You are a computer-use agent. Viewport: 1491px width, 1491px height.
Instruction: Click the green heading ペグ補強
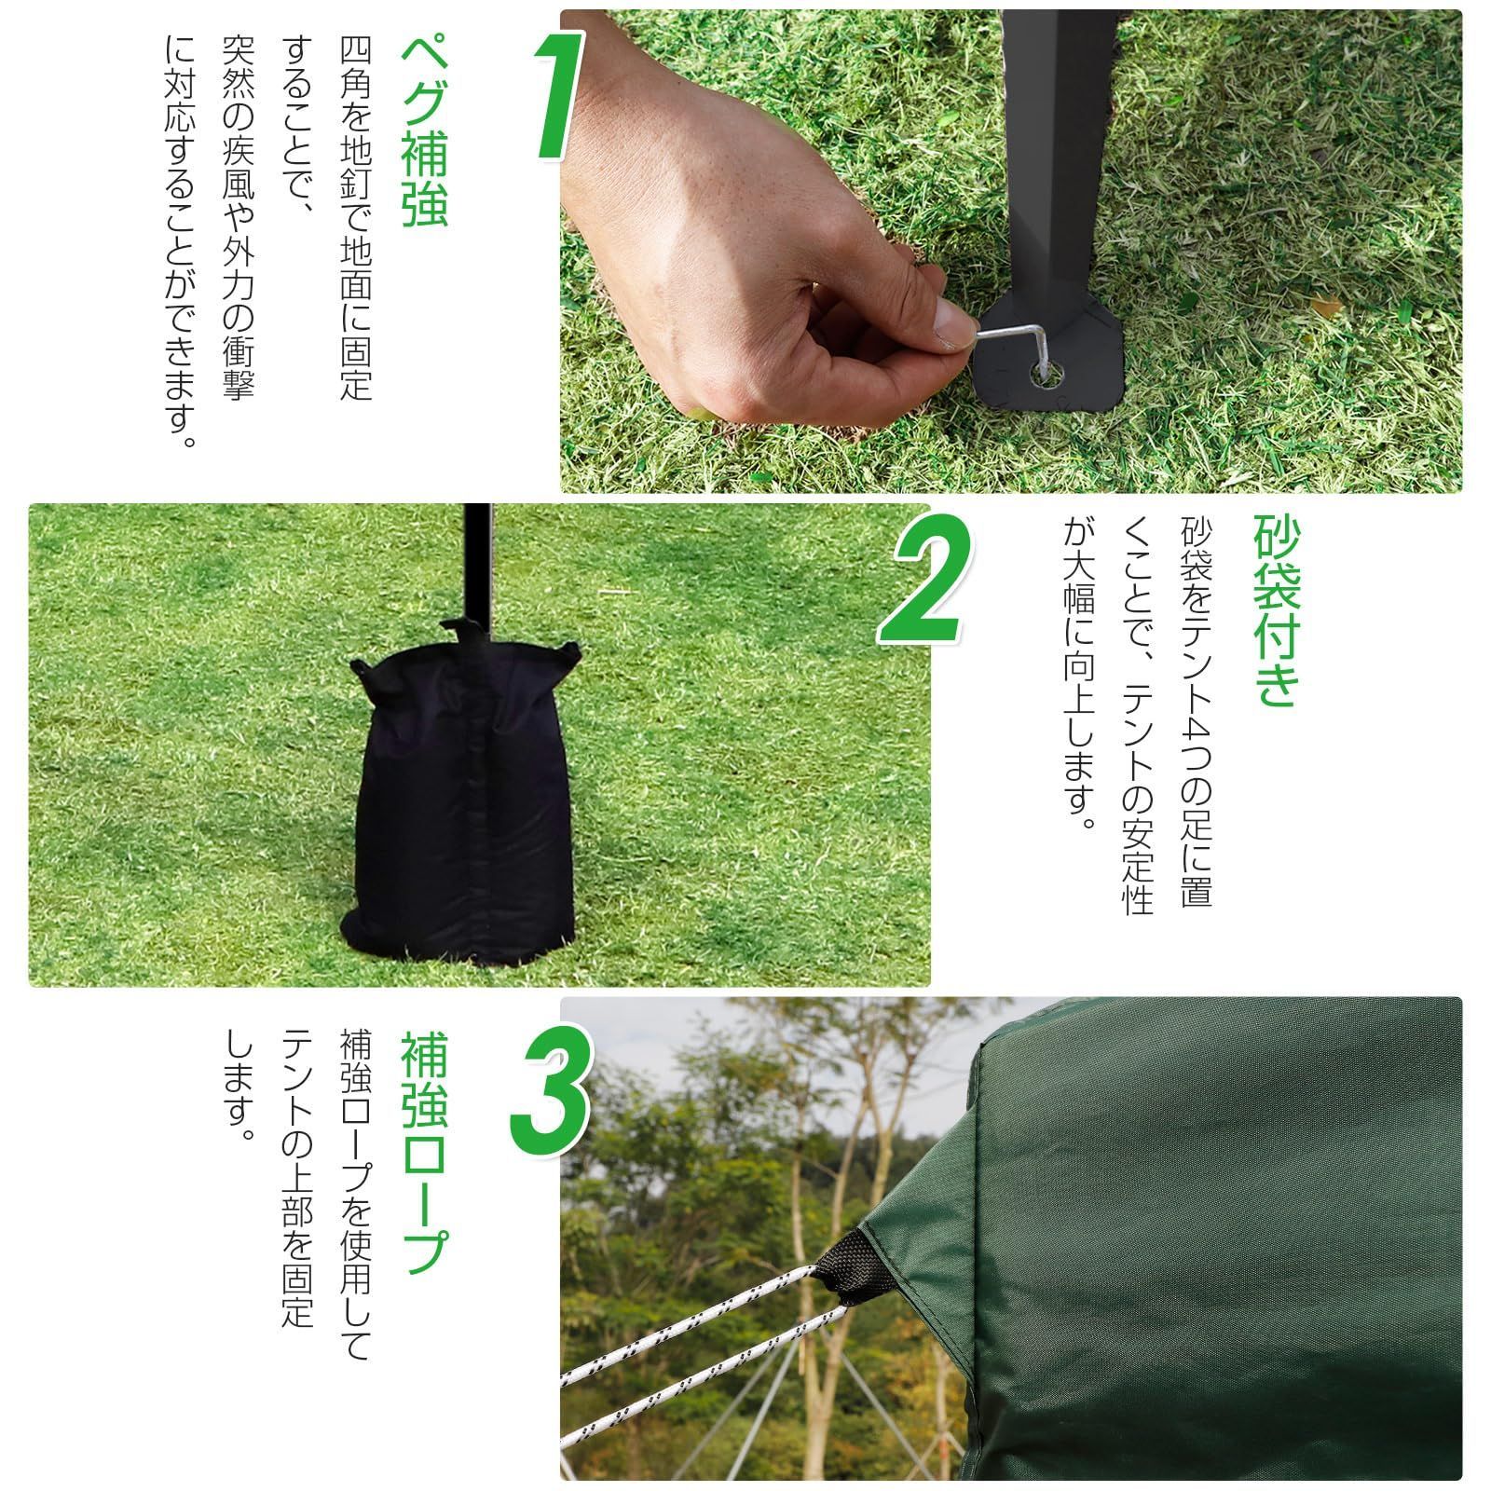424,132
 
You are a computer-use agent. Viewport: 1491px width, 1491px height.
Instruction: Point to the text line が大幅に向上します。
1078,676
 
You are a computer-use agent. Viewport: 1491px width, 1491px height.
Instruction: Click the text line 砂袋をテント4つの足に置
1197,713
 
